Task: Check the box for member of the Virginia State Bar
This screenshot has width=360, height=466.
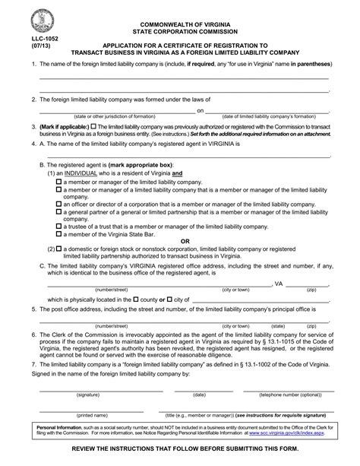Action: tap(59, 235)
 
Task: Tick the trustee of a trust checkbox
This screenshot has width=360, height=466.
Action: tap(59, 227)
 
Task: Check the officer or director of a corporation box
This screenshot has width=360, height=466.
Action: tap(59, 204)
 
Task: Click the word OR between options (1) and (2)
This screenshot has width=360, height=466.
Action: tap(183, 242)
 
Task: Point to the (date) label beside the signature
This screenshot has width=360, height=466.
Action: tap(199, 395)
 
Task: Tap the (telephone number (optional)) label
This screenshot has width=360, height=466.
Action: tap(290, 395)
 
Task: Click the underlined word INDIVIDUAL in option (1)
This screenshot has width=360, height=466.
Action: tap(87, 175)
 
